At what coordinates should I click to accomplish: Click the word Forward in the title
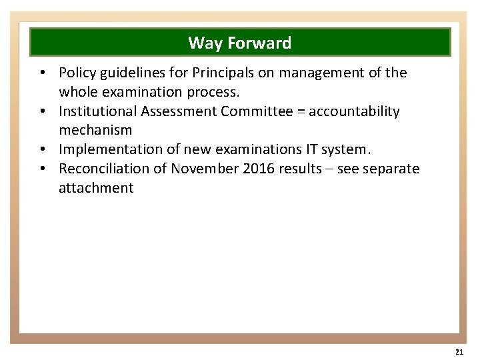259,43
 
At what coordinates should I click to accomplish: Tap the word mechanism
95,130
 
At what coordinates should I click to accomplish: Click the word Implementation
102,149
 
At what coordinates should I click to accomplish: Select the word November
204,169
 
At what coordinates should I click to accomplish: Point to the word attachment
96,188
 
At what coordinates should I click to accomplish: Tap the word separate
393,169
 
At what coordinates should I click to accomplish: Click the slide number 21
459,351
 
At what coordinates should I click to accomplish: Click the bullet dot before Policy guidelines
42,73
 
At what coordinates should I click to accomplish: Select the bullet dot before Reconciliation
42,169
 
